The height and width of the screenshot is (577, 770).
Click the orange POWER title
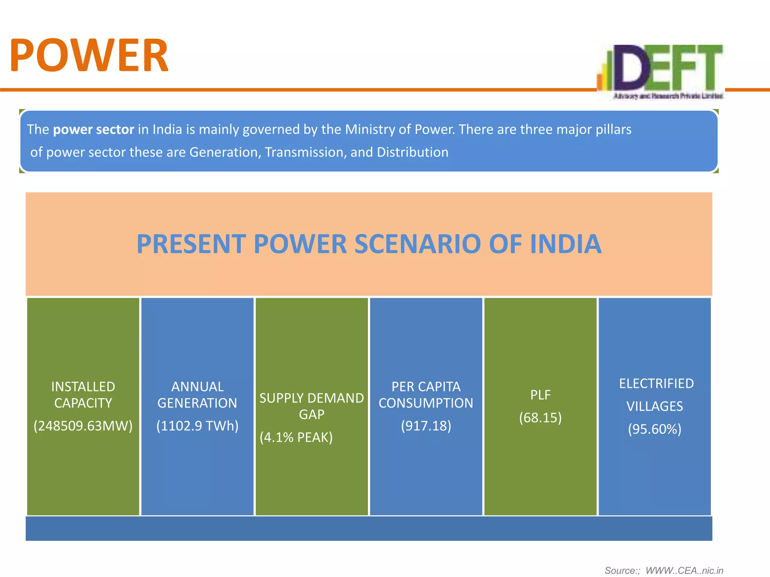click(x=89, y=56)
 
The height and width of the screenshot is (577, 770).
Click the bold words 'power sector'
click(x=94, y=130)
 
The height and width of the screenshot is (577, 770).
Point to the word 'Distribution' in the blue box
click(x=412, y=153)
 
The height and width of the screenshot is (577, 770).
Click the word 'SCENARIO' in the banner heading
click(x=417, y=244)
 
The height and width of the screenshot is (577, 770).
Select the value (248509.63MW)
click(x=83, y=426)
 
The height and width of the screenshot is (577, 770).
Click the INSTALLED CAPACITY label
click(x=83, y=395)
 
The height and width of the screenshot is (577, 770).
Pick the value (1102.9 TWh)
click(x=197, y=426)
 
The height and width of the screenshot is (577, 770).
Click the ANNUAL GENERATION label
click(x=197, y=395)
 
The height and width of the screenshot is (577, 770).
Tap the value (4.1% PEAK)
click(x=296, y=437)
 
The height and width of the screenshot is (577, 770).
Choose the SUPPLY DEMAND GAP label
click(x=312, y=406)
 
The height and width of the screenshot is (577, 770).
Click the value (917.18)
click(x=426, y=426)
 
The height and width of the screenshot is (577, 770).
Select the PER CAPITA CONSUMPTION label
click(x=426, y=395)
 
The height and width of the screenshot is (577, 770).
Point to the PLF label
click(x=540, y=395)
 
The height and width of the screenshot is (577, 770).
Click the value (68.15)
click(x=540, y=418)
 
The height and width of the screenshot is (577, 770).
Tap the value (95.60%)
click(x=655, y=429)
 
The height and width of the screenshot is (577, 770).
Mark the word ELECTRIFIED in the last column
click(x=656, y=384)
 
